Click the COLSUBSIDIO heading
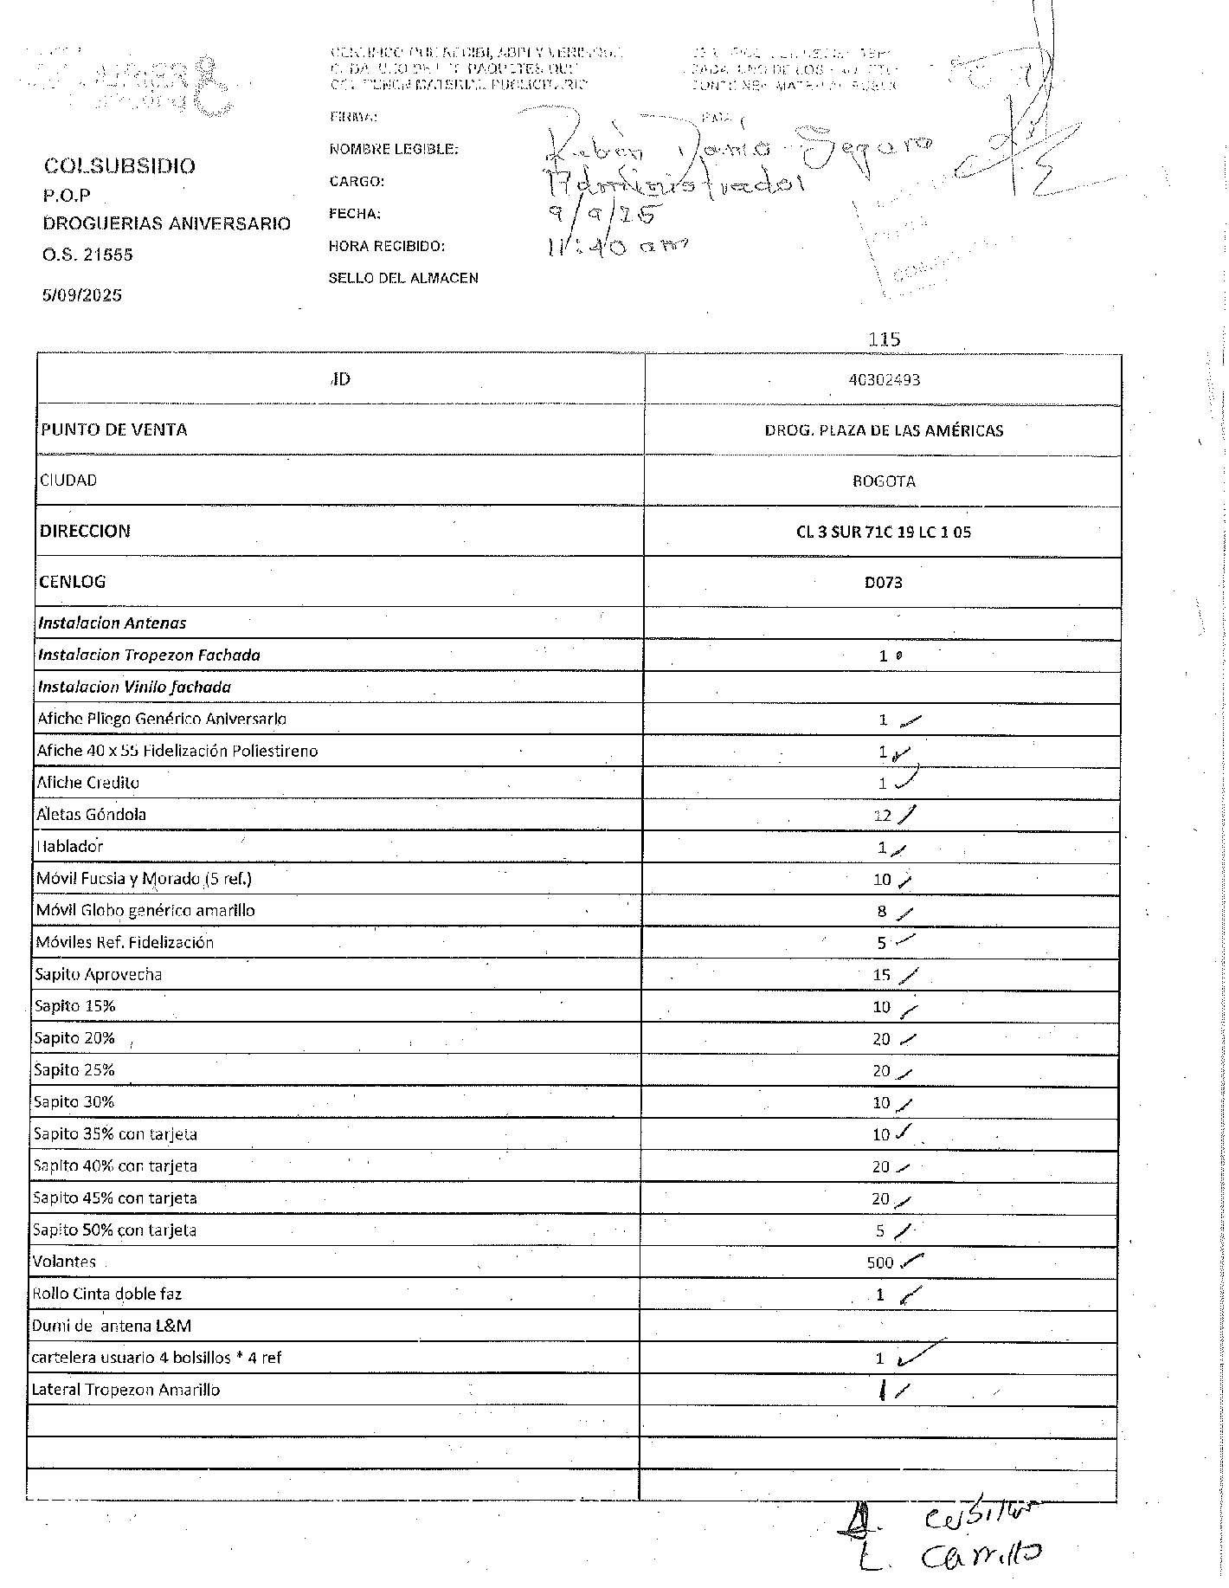[x=119, y=165]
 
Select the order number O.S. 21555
[x=88, y=255]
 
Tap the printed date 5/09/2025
[x=82, y=295]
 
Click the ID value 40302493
[x=884, y=379]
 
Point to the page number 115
[x=885, y=339]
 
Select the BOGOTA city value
[x=884, y=481]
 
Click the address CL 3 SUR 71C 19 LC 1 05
[x=884, y=532]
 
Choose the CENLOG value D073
[x=884, y=583]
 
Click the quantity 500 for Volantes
[x=879, y=1263]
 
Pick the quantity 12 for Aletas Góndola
[x=882, y=816]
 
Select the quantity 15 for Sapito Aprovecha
[x=881, y=976]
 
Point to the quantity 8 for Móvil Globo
[x=882, y=912]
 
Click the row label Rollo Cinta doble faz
[x=106, y=1294]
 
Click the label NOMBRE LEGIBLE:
[x=394, y=149]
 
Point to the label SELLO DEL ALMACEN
[x=403, y=278]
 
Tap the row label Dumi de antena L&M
[x=112, y=1327]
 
